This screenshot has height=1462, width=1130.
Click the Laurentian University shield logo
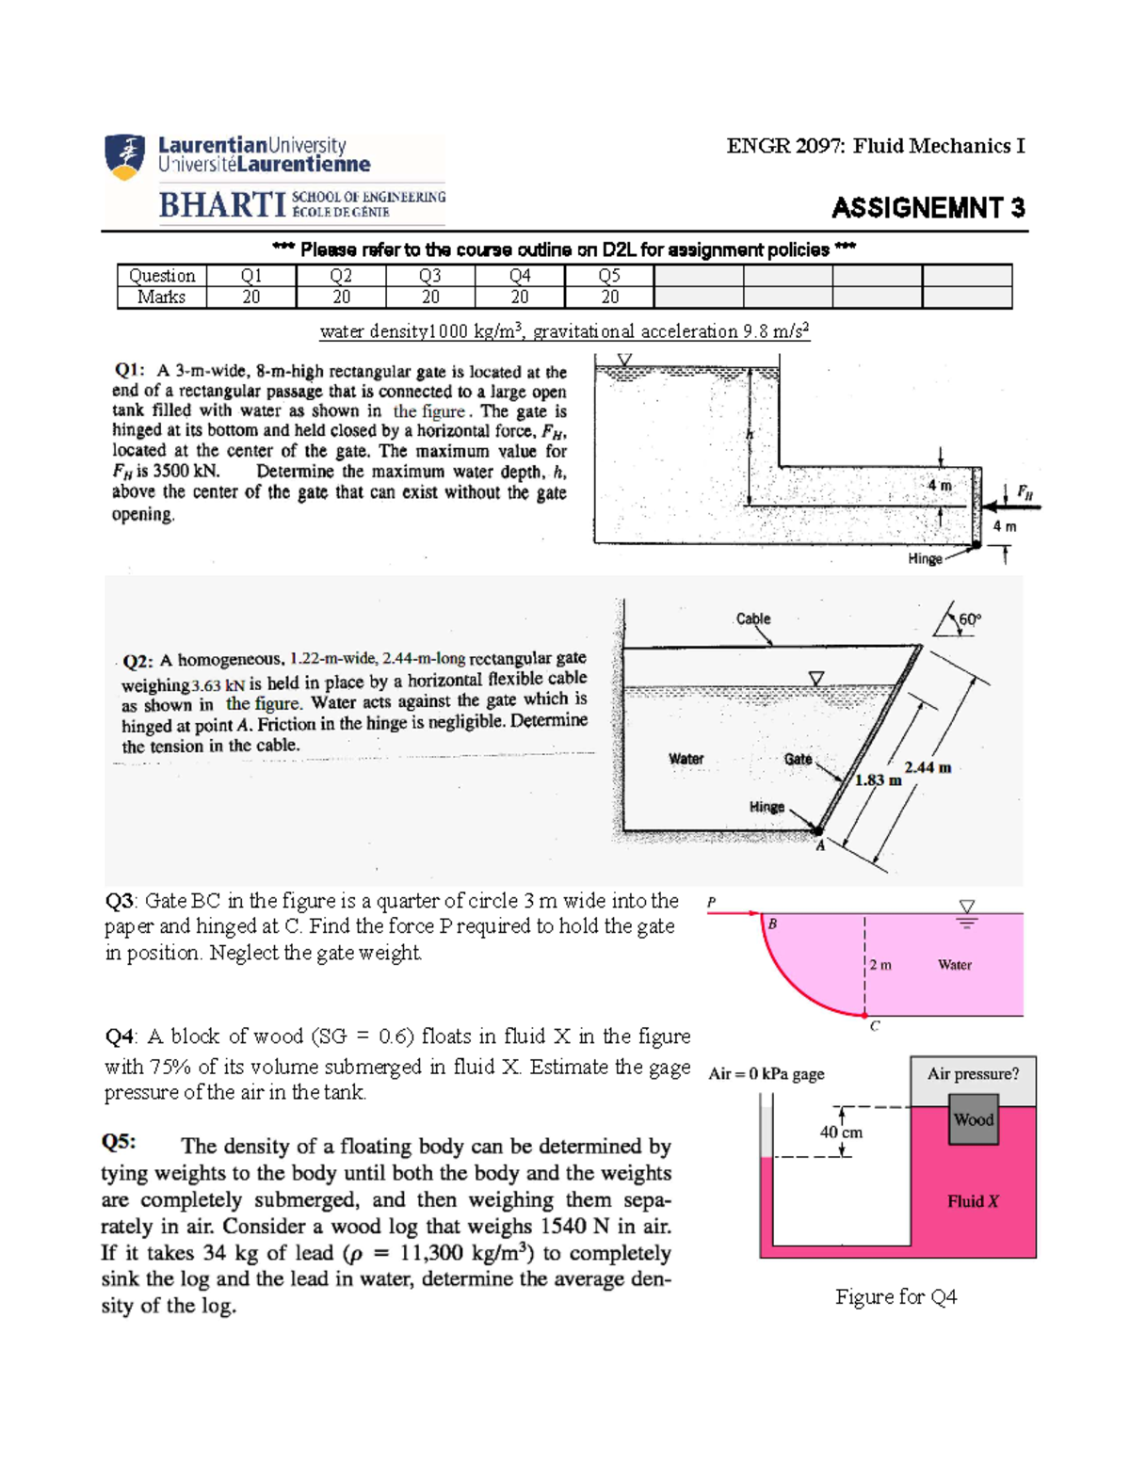click(x=125, y=156)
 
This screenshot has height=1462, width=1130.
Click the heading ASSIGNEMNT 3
click(x=928, y=208)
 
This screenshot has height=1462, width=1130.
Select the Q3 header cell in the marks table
click(x=430, y=276)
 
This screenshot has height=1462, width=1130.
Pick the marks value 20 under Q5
click(x=609, y=297)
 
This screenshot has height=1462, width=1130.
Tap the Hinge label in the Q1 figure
click(x=925, y=558)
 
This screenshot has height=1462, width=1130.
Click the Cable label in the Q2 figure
click(x=752, y=619)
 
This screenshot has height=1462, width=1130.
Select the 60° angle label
click(x=969, y=619)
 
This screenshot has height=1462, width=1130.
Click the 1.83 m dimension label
click(x=878, y=779)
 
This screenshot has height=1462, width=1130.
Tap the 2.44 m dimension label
click(x=928, y=767)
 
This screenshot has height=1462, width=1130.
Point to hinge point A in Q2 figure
click(x=817, y=831)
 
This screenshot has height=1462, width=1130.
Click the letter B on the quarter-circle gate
click(x=772, y=924)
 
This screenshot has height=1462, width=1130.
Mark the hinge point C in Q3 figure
click(x=865, y=1015)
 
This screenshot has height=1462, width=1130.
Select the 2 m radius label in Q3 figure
click(x=880, y=965)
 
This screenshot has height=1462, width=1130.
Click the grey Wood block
click(x=973, y=1119)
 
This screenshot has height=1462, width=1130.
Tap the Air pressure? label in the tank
click(x=973, y=1074)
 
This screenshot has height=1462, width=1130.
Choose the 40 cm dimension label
click(x=841, y=1133)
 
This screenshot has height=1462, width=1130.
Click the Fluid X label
click(x=973, y=1201)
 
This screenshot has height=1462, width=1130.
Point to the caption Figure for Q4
click(x=896, y=1297)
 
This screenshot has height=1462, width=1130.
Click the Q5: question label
click(x=119, y=1142)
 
